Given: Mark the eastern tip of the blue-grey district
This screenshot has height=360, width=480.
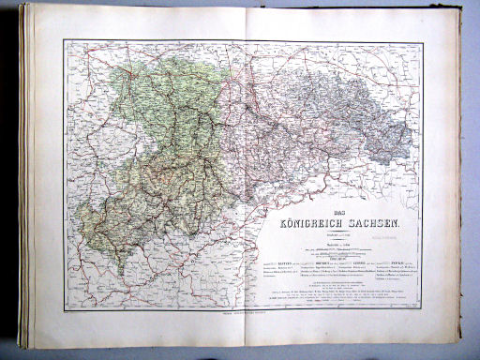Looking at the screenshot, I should click(x=413, y=141).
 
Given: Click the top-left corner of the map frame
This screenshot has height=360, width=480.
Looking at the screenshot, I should click(x=67, y=39).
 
